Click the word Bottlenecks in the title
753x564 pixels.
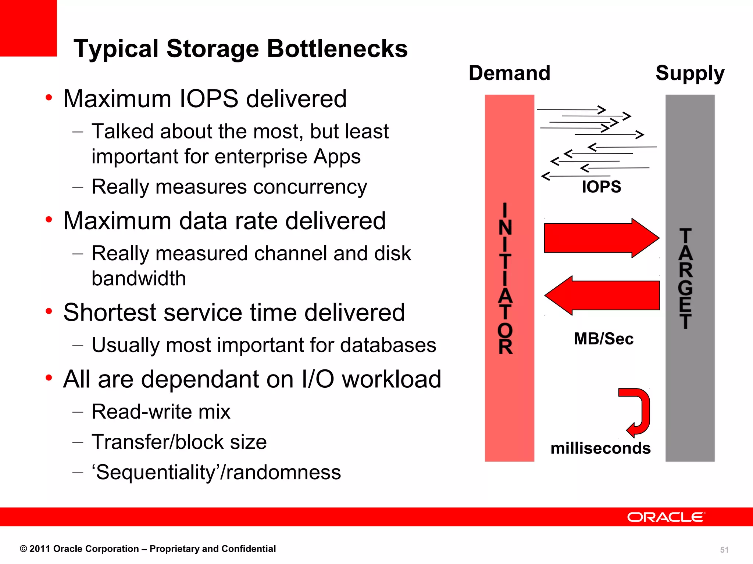pos(337,48)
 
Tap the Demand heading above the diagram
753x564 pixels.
pos(509,73)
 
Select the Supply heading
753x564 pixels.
pos(690,73)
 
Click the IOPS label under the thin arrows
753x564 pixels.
pos(601,187)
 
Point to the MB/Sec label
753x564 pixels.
pos(603,339)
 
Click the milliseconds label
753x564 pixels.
pos(600,448)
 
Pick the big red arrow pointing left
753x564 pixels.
pos(602,295)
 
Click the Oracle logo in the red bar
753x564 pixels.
pos(665,517)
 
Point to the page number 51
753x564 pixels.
pos(724,550)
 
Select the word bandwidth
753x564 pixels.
pos(139,278)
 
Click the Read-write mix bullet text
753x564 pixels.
pos(161,412)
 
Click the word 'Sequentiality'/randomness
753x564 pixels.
pos(216,472)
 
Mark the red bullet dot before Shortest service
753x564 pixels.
pos(49,311)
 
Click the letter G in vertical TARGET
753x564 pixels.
pos(685,288)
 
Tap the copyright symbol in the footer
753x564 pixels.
pos(24,549)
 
